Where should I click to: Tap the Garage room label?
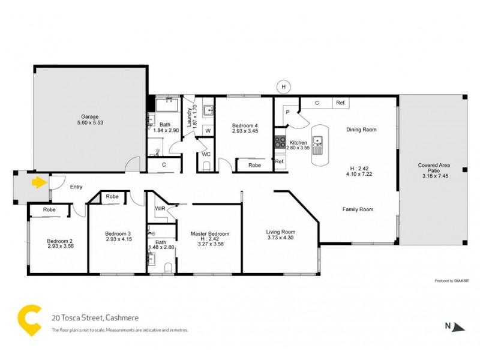pyautogui.click(x=90, y=116)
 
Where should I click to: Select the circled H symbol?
pyautogui.click(x=283, y=87)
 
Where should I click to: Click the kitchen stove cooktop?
pyautogui.click(x=280, y=142)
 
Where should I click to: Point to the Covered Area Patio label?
pyautogui.click(x=434, y=169)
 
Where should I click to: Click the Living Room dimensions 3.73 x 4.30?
pyautogui.click(x=281, y=238)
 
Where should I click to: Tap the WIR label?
pyautogui.click(x=160, y=208)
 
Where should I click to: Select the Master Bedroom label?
pyautogui.click(x=210, y=233)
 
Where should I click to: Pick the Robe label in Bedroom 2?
pyautogui.click(x=49, y=210)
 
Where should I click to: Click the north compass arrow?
pyautogui.click(x=458, y=326)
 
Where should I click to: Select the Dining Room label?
pyautogui.click(x=361, y=130)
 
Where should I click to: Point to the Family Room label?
pyautogui.click(x=358, y=209)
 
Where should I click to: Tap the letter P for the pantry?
pyautogui.click(x=287, y=112)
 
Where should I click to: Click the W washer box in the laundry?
pyautogui.click(x=208, y=130)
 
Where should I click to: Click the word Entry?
pyautogui.click(x=76, y=187)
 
